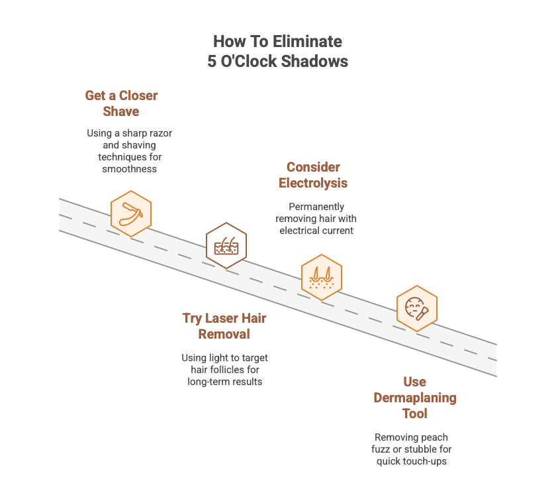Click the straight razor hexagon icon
pos(131,214)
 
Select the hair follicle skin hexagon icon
pos(226,245)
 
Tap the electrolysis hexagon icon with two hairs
pos(322,277)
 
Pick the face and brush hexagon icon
pos(416,309)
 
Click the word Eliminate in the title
pos(307,42)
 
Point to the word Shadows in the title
pos(314,61)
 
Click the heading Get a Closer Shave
pos(121,103)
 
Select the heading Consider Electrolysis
pos(313,175)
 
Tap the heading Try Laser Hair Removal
pos(224,326)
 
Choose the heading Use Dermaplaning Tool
pos(415,398)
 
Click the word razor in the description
pos(160,133)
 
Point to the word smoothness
pos(130,169)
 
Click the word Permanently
pos(316,207)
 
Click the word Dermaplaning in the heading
pos(415,398)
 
